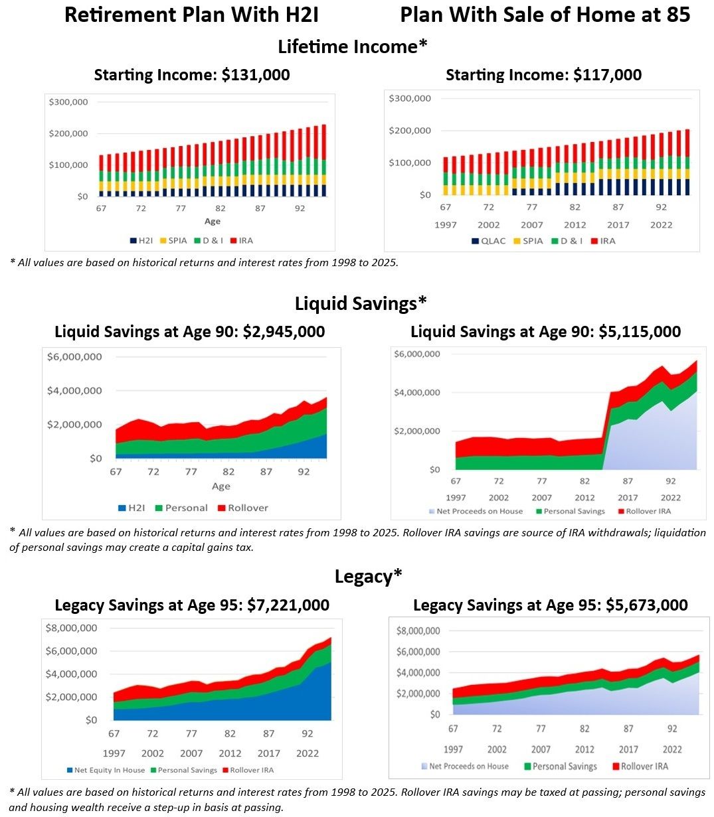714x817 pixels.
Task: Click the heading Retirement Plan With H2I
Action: [x=191, y=15]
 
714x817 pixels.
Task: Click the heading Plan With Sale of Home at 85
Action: [x=545, y=15]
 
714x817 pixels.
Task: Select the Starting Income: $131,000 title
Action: [x=192, y=75]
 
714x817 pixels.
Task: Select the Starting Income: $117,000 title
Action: [x=543, y=75]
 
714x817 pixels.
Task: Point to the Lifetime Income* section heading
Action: [x=352, y=46]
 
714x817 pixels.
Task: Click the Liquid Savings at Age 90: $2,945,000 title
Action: [x=190, y=331]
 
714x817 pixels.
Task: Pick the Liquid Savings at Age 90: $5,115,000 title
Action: [x=545, y=331]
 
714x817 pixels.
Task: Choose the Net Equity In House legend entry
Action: [x=105, y=770]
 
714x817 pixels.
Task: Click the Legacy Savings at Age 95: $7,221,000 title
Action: [x=192, y=605]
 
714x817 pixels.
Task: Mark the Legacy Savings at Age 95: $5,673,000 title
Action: [x=550, y=605]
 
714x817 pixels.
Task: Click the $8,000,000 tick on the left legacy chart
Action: [x=70, y=628]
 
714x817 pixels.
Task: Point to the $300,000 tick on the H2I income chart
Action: [x=68, y=102]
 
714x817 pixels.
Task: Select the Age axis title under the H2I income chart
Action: [x=212, y=221]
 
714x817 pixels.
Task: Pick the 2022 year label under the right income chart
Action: [x=661, y=225]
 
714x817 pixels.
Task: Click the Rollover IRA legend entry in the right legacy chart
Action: [x=638, y=766]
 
